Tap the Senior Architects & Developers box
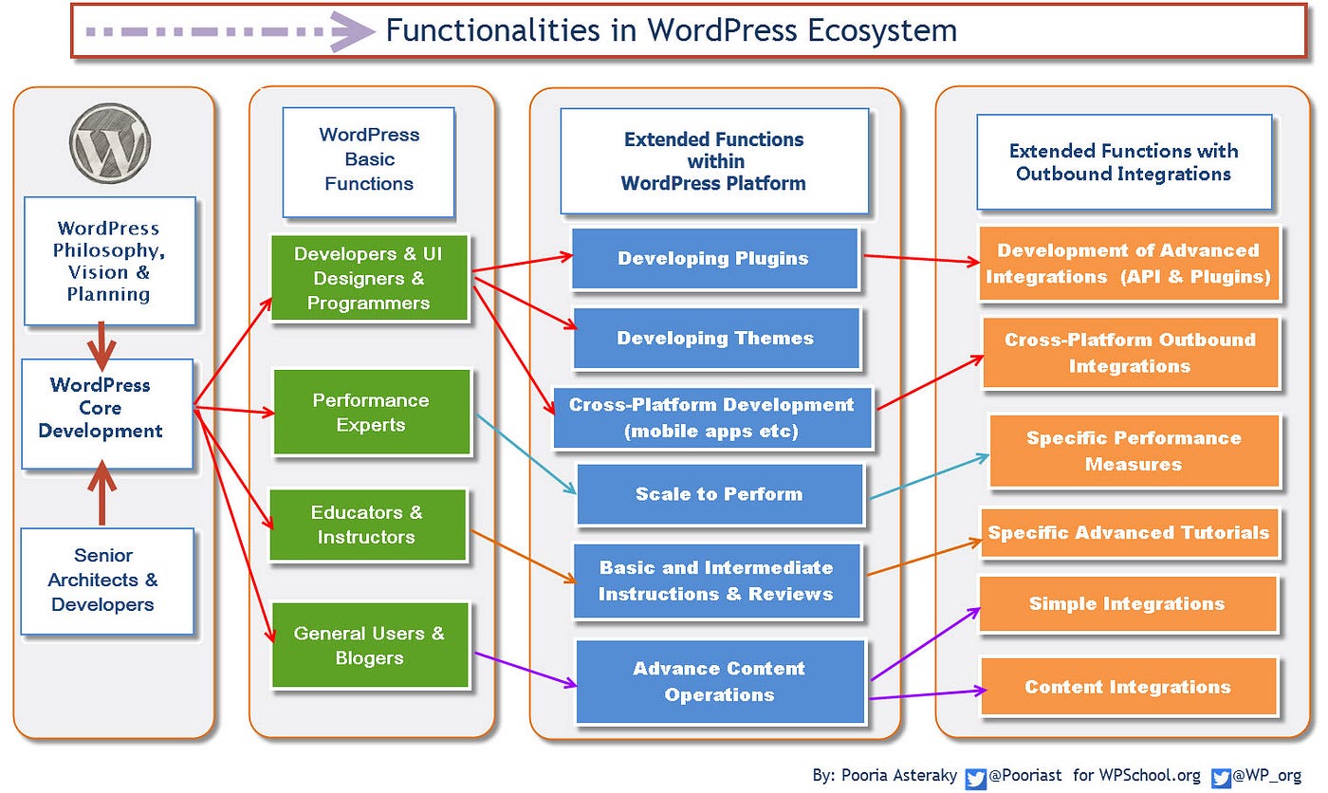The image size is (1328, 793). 107,581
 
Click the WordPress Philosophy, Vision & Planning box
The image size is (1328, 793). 109,261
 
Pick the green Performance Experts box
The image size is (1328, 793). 371,413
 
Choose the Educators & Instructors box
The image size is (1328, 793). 367,525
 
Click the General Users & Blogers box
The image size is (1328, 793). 370,645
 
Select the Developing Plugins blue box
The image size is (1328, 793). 714,259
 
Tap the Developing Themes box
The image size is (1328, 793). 716,339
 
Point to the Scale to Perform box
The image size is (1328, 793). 719,494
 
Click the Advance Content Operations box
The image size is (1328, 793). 720,681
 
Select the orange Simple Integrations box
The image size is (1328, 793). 1127,604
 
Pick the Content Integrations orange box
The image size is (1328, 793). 1128,687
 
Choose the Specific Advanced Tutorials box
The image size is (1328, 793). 1129,532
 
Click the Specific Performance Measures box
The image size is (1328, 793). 1134,452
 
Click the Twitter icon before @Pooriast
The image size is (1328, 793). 975,777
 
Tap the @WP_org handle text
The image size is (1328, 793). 1268,776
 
